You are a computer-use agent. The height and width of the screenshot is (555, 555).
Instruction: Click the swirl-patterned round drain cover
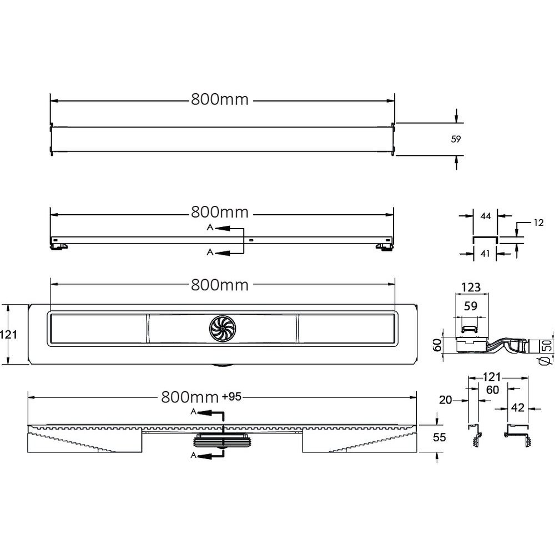pyautogui.click(x=222, y=329)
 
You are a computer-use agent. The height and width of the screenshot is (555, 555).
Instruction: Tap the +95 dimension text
pyautogui.click(x=231, y=396)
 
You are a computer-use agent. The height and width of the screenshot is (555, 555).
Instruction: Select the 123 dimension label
pyautogui.click(x=471, y=287)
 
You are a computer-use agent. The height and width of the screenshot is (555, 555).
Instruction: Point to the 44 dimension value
pyautogui.click(x=486, y=216)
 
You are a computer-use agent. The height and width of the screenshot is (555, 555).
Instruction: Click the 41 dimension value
pyautogui.click(x=485, y=254)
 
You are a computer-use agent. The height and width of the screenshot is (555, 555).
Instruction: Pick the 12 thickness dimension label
pyautogui.click(x=538, y=223)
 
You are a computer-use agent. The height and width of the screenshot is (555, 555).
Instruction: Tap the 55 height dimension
pyautogui.click(x=439, y=437)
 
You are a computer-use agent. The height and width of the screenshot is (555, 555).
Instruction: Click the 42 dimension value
pyautogui.click(x=517, y=408)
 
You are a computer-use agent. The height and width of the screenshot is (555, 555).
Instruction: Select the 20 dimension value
pyautogui.click(x=445, y=400)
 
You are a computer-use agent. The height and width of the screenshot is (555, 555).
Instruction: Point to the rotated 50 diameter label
pyautogui.click(x=547, y=345)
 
